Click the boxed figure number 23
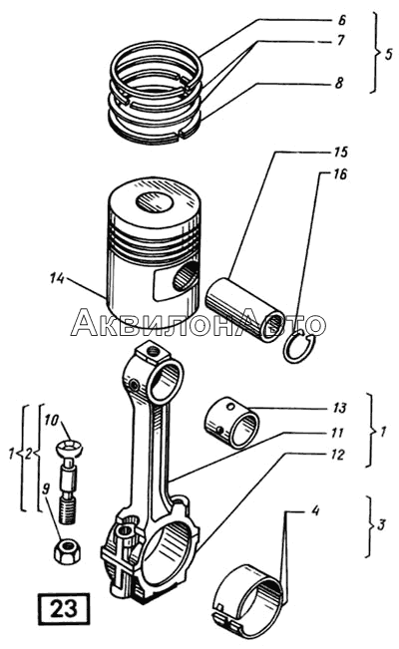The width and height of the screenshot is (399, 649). [64, 609]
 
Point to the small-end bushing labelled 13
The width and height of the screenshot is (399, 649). [232, 422]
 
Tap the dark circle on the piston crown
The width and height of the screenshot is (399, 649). [155, 201]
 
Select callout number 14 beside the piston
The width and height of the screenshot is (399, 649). [57, 279]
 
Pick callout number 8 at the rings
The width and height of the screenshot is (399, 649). [339, 83]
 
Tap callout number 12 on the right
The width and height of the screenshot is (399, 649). [338, 456]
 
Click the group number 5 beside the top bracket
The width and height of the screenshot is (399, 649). [387, 54]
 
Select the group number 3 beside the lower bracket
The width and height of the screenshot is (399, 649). [381, 524]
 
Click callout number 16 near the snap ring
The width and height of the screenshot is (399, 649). [338, 174]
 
